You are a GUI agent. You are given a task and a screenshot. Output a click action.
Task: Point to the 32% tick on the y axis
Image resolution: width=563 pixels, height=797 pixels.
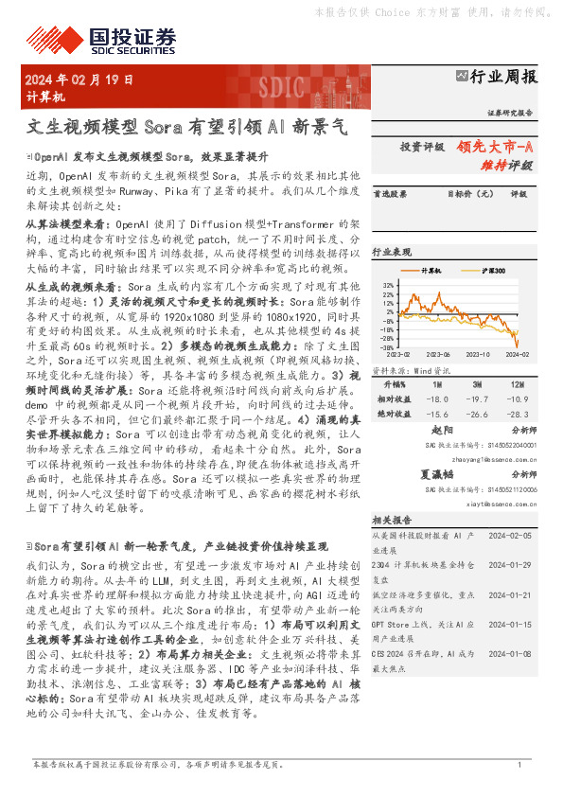(388, 284)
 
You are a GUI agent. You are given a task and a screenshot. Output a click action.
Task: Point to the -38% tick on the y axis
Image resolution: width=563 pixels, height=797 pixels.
(387, 348)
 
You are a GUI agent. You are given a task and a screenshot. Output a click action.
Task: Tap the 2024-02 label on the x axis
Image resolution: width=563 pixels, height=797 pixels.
(518, 355)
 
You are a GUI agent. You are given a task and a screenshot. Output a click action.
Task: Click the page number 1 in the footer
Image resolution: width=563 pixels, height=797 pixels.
(519, 764)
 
